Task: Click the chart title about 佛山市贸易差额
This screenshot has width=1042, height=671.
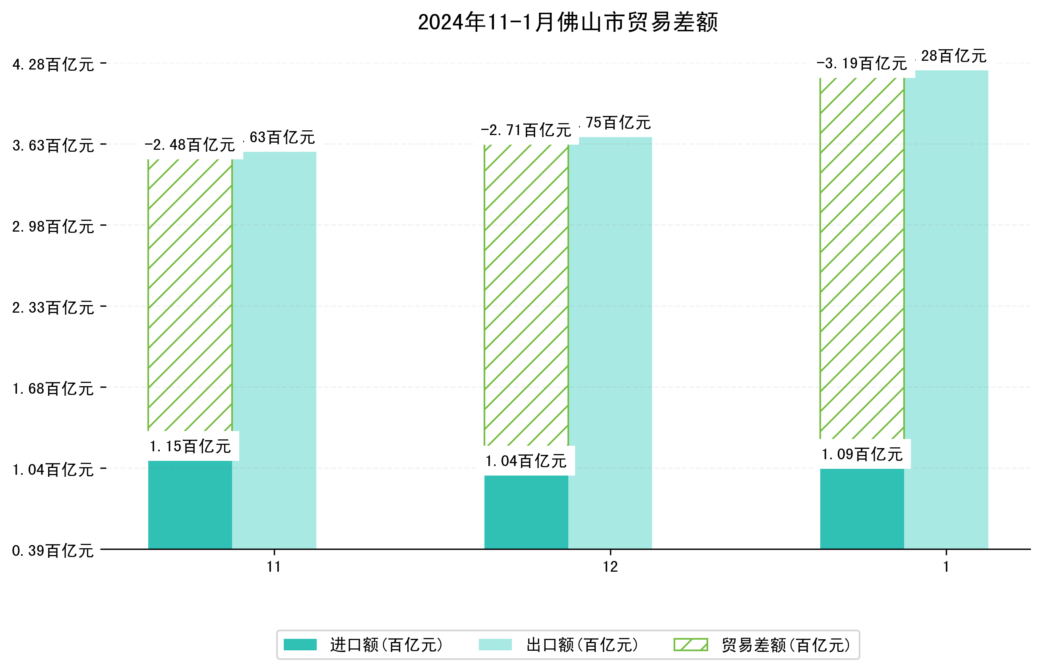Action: (567, 22)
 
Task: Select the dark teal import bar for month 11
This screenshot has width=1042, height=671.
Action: (190, 505)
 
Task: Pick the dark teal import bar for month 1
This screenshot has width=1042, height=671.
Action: (862, 509)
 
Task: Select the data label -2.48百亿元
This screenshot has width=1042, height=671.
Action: (190, 145)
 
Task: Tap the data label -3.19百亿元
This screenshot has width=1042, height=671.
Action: (862, 64)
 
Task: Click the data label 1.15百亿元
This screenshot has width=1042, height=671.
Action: (190, 446)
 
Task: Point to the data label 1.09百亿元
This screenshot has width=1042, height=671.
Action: (862, 454)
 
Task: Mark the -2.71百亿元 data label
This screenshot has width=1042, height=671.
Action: (526, 130)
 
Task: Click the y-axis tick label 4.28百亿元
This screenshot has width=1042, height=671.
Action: (53, 64)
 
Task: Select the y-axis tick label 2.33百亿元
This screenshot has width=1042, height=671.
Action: (53, 307)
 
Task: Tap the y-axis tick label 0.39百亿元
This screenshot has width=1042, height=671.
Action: (53, 551)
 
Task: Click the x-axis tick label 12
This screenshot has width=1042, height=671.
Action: (610, 567)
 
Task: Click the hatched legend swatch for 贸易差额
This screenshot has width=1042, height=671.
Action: (691, 645)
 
